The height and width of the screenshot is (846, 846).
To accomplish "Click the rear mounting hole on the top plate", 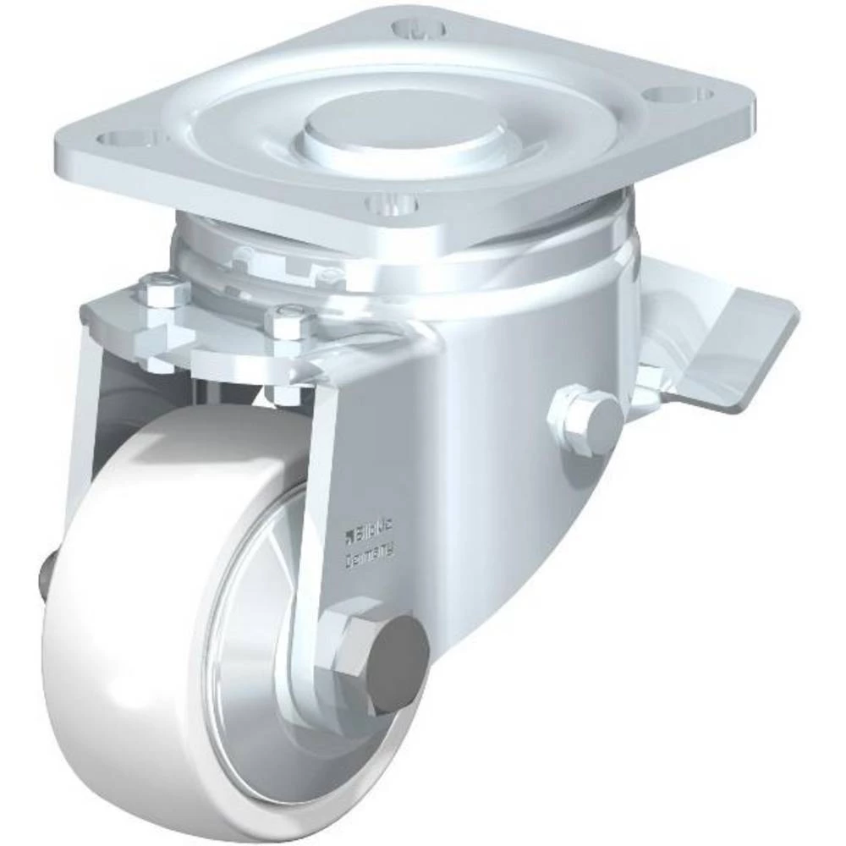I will [419, 27].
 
